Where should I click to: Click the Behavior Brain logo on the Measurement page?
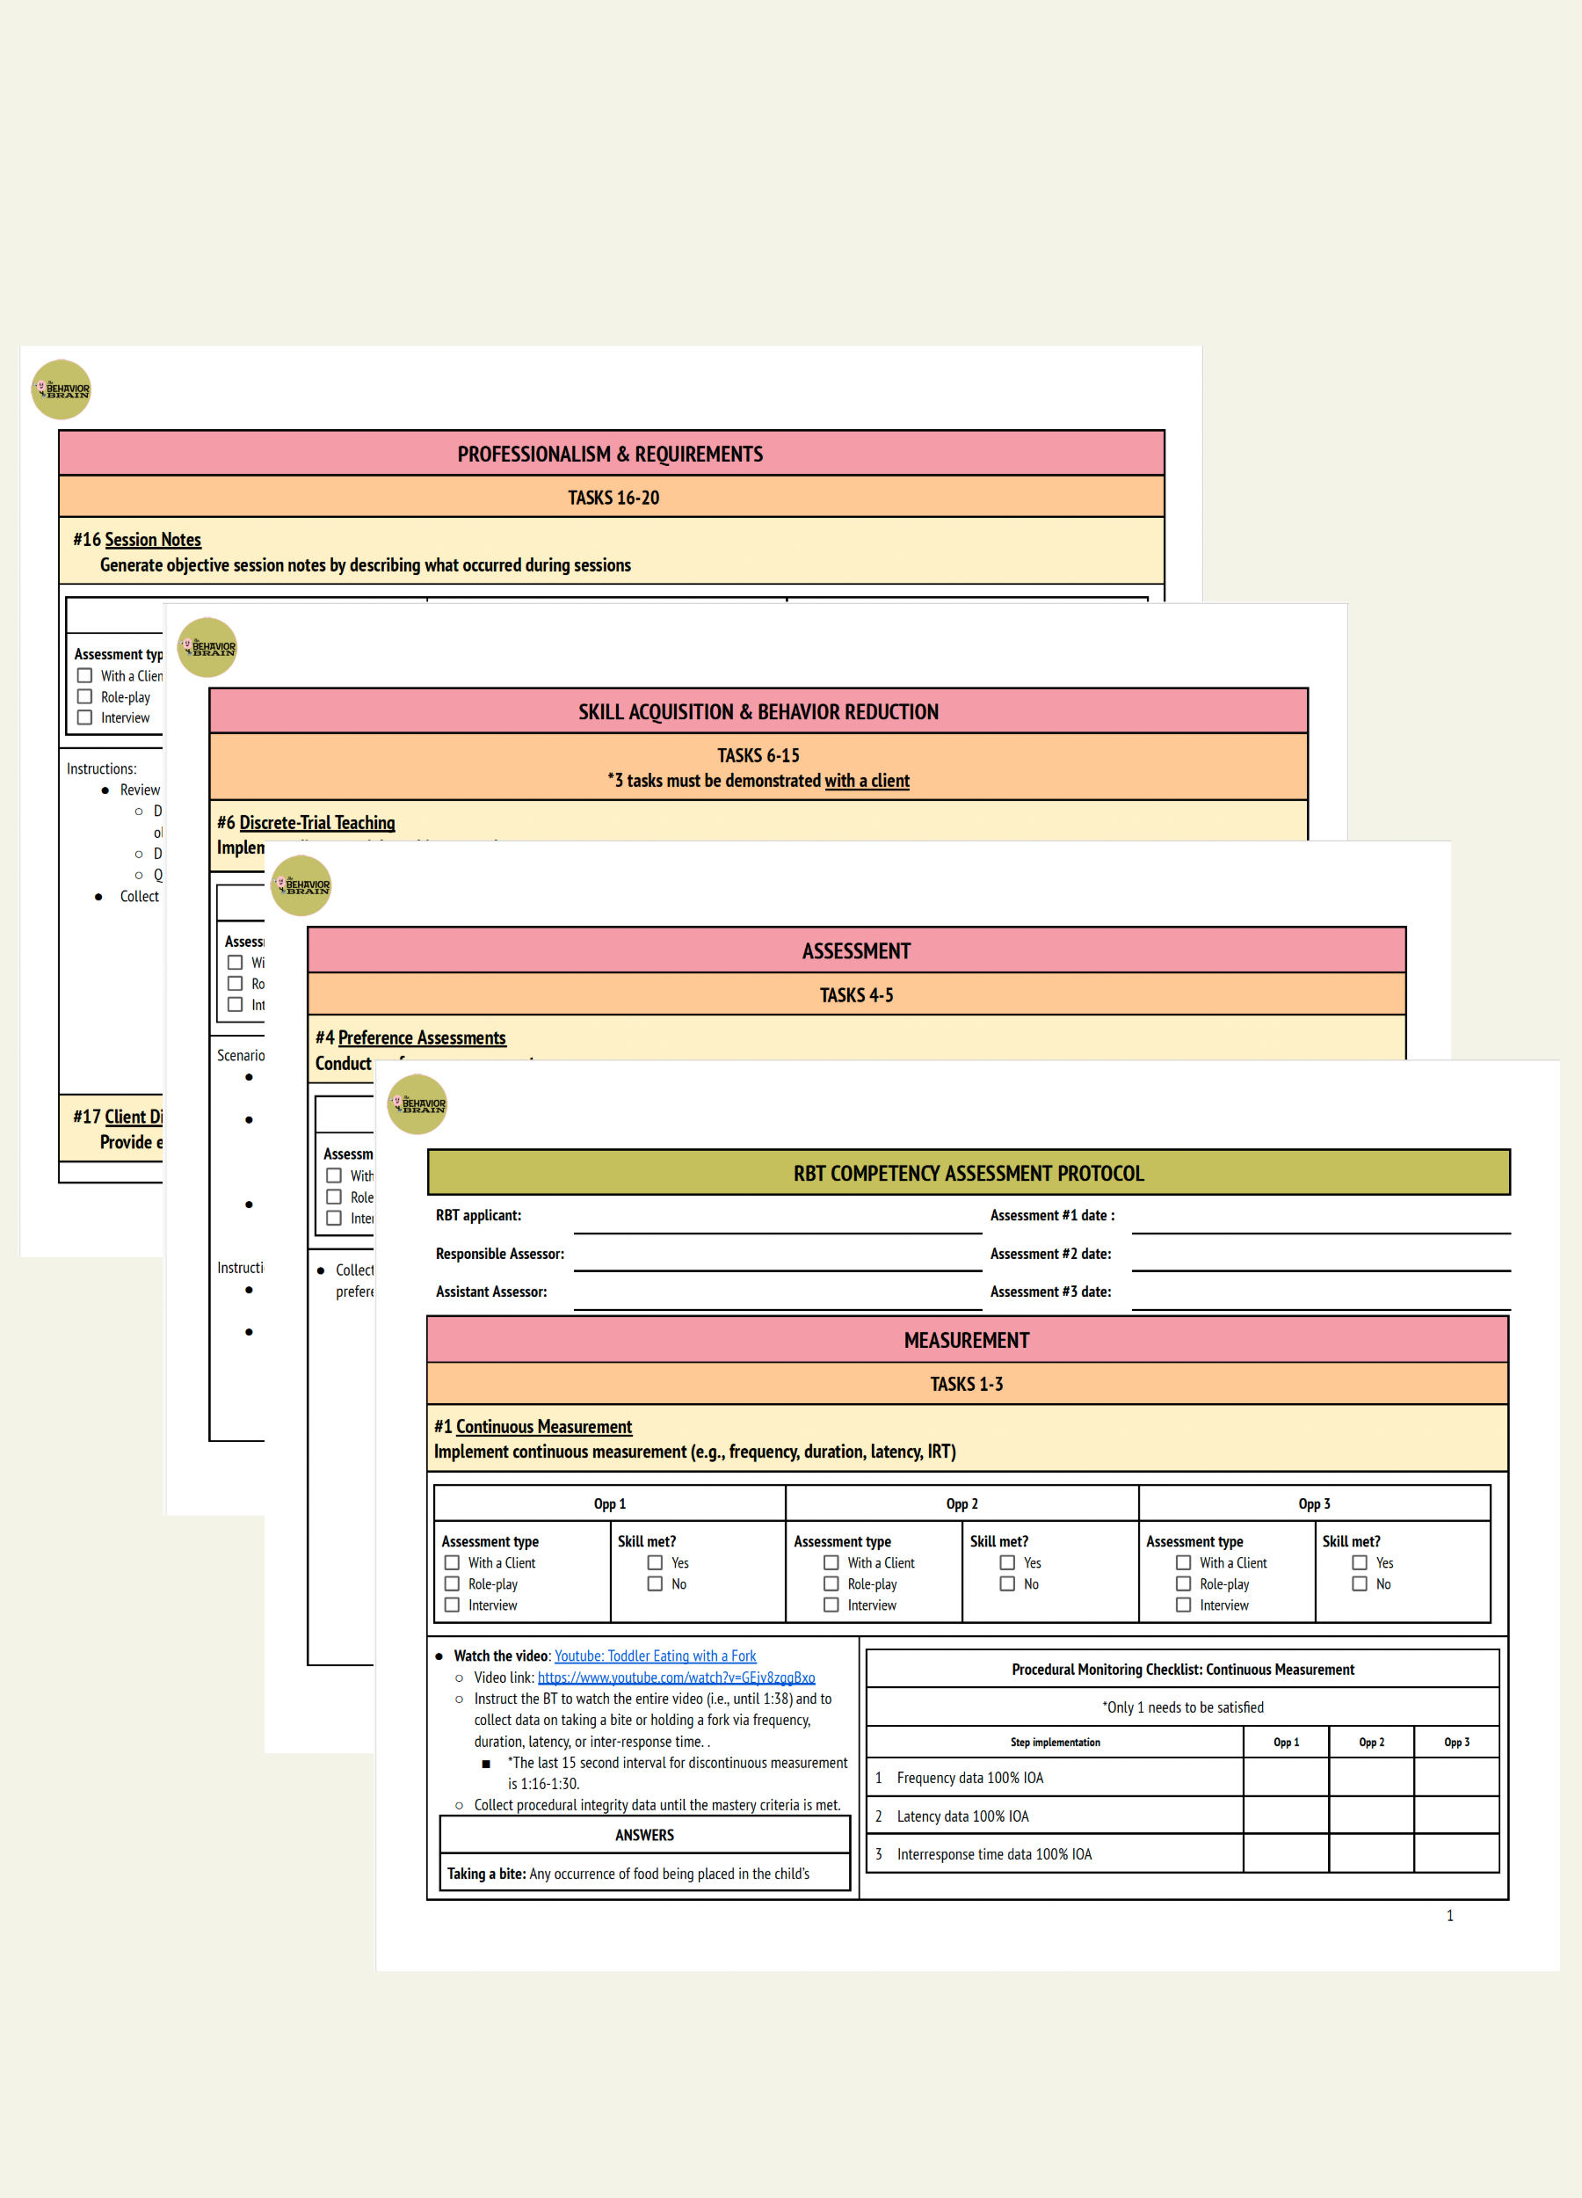click(x=417, y=1104)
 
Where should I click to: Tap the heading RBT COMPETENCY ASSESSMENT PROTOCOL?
click(x=968, y=1173)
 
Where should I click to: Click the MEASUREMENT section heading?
click(x=966, y=1340)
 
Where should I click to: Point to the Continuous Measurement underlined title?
click(x=543, y=1427)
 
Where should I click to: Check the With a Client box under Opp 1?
click(x=452, y=1562)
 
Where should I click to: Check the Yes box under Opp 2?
click(x=1007, y=1562)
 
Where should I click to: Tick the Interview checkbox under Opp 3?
click(x=1183, y=1605)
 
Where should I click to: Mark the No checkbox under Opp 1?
click(x=655, y=1583)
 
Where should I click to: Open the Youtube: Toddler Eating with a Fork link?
click(x=655, y=1656)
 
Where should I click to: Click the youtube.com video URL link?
click(x=676, y=1678)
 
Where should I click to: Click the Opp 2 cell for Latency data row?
click(x=1371, y=1816)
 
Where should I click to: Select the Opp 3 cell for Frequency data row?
click(x=1456, y=1778)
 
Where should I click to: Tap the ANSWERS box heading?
click(x=644, y=1836)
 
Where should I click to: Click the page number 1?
click(x=1449, y=1915)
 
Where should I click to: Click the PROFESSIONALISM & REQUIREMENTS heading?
click(x=610, y=454)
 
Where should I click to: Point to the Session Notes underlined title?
click(x=153, y=540)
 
